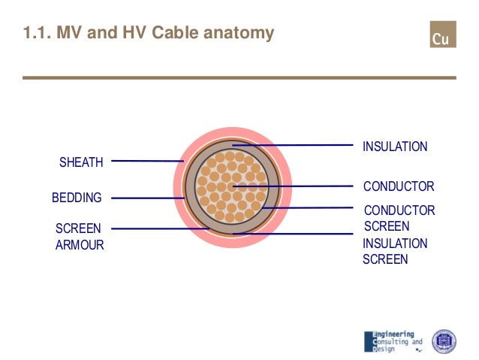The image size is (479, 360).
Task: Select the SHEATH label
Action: (81, 162)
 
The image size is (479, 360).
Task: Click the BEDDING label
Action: (77, 198)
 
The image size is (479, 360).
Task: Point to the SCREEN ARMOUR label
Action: (80, 236)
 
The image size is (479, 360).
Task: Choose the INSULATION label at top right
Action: (395, 147)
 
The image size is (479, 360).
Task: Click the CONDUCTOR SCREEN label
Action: (399, 218)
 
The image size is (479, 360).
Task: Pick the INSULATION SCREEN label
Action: (395, 251)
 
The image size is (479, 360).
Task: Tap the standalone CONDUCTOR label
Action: (398, 186)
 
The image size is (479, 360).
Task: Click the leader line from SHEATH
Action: (146, 160)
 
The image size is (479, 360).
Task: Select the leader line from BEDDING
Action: (146, 198)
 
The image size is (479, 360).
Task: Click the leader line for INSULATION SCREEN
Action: (293, 234)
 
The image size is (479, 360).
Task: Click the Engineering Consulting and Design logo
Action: (393, 340)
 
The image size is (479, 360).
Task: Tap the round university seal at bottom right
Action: (444, 341)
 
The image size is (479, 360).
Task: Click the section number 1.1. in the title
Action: (38, 33)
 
